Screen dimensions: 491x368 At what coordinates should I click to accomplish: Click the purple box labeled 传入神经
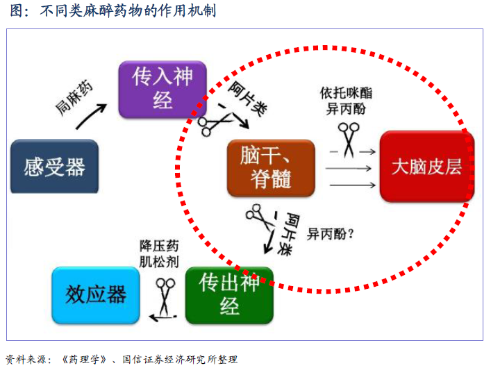[163, 90]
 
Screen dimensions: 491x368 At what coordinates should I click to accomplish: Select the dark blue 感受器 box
[54, 167]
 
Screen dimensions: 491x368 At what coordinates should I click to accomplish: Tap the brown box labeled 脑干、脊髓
[271, 168]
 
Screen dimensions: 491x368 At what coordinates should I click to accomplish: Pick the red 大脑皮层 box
[427, 167]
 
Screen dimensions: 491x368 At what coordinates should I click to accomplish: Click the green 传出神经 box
[230, 295]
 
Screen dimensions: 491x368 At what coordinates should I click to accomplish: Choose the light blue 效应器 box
[96, 295]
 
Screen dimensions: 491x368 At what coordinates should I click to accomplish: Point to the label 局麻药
[74, 97]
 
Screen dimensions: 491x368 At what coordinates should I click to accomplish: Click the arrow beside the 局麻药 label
[91, 117]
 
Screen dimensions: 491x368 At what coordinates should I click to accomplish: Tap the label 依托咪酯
[346, 93]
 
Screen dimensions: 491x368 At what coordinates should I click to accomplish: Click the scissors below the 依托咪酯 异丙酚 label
[349, 140]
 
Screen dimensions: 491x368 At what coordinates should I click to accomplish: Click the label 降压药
[159, 246]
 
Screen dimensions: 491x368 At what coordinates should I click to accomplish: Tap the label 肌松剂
[159, 262]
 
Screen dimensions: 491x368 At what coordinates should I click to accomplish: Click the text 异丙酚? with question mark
[331, 233]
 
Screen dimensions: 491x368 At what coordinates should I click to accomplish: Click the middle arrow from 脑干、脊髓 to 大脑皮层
[349, 169]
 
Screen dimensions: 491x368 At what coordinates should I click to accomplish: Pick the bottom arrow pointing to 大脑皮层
[353, 185]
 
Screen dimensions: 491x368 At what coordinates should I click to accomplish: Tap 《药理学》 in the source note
[85, 359]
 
